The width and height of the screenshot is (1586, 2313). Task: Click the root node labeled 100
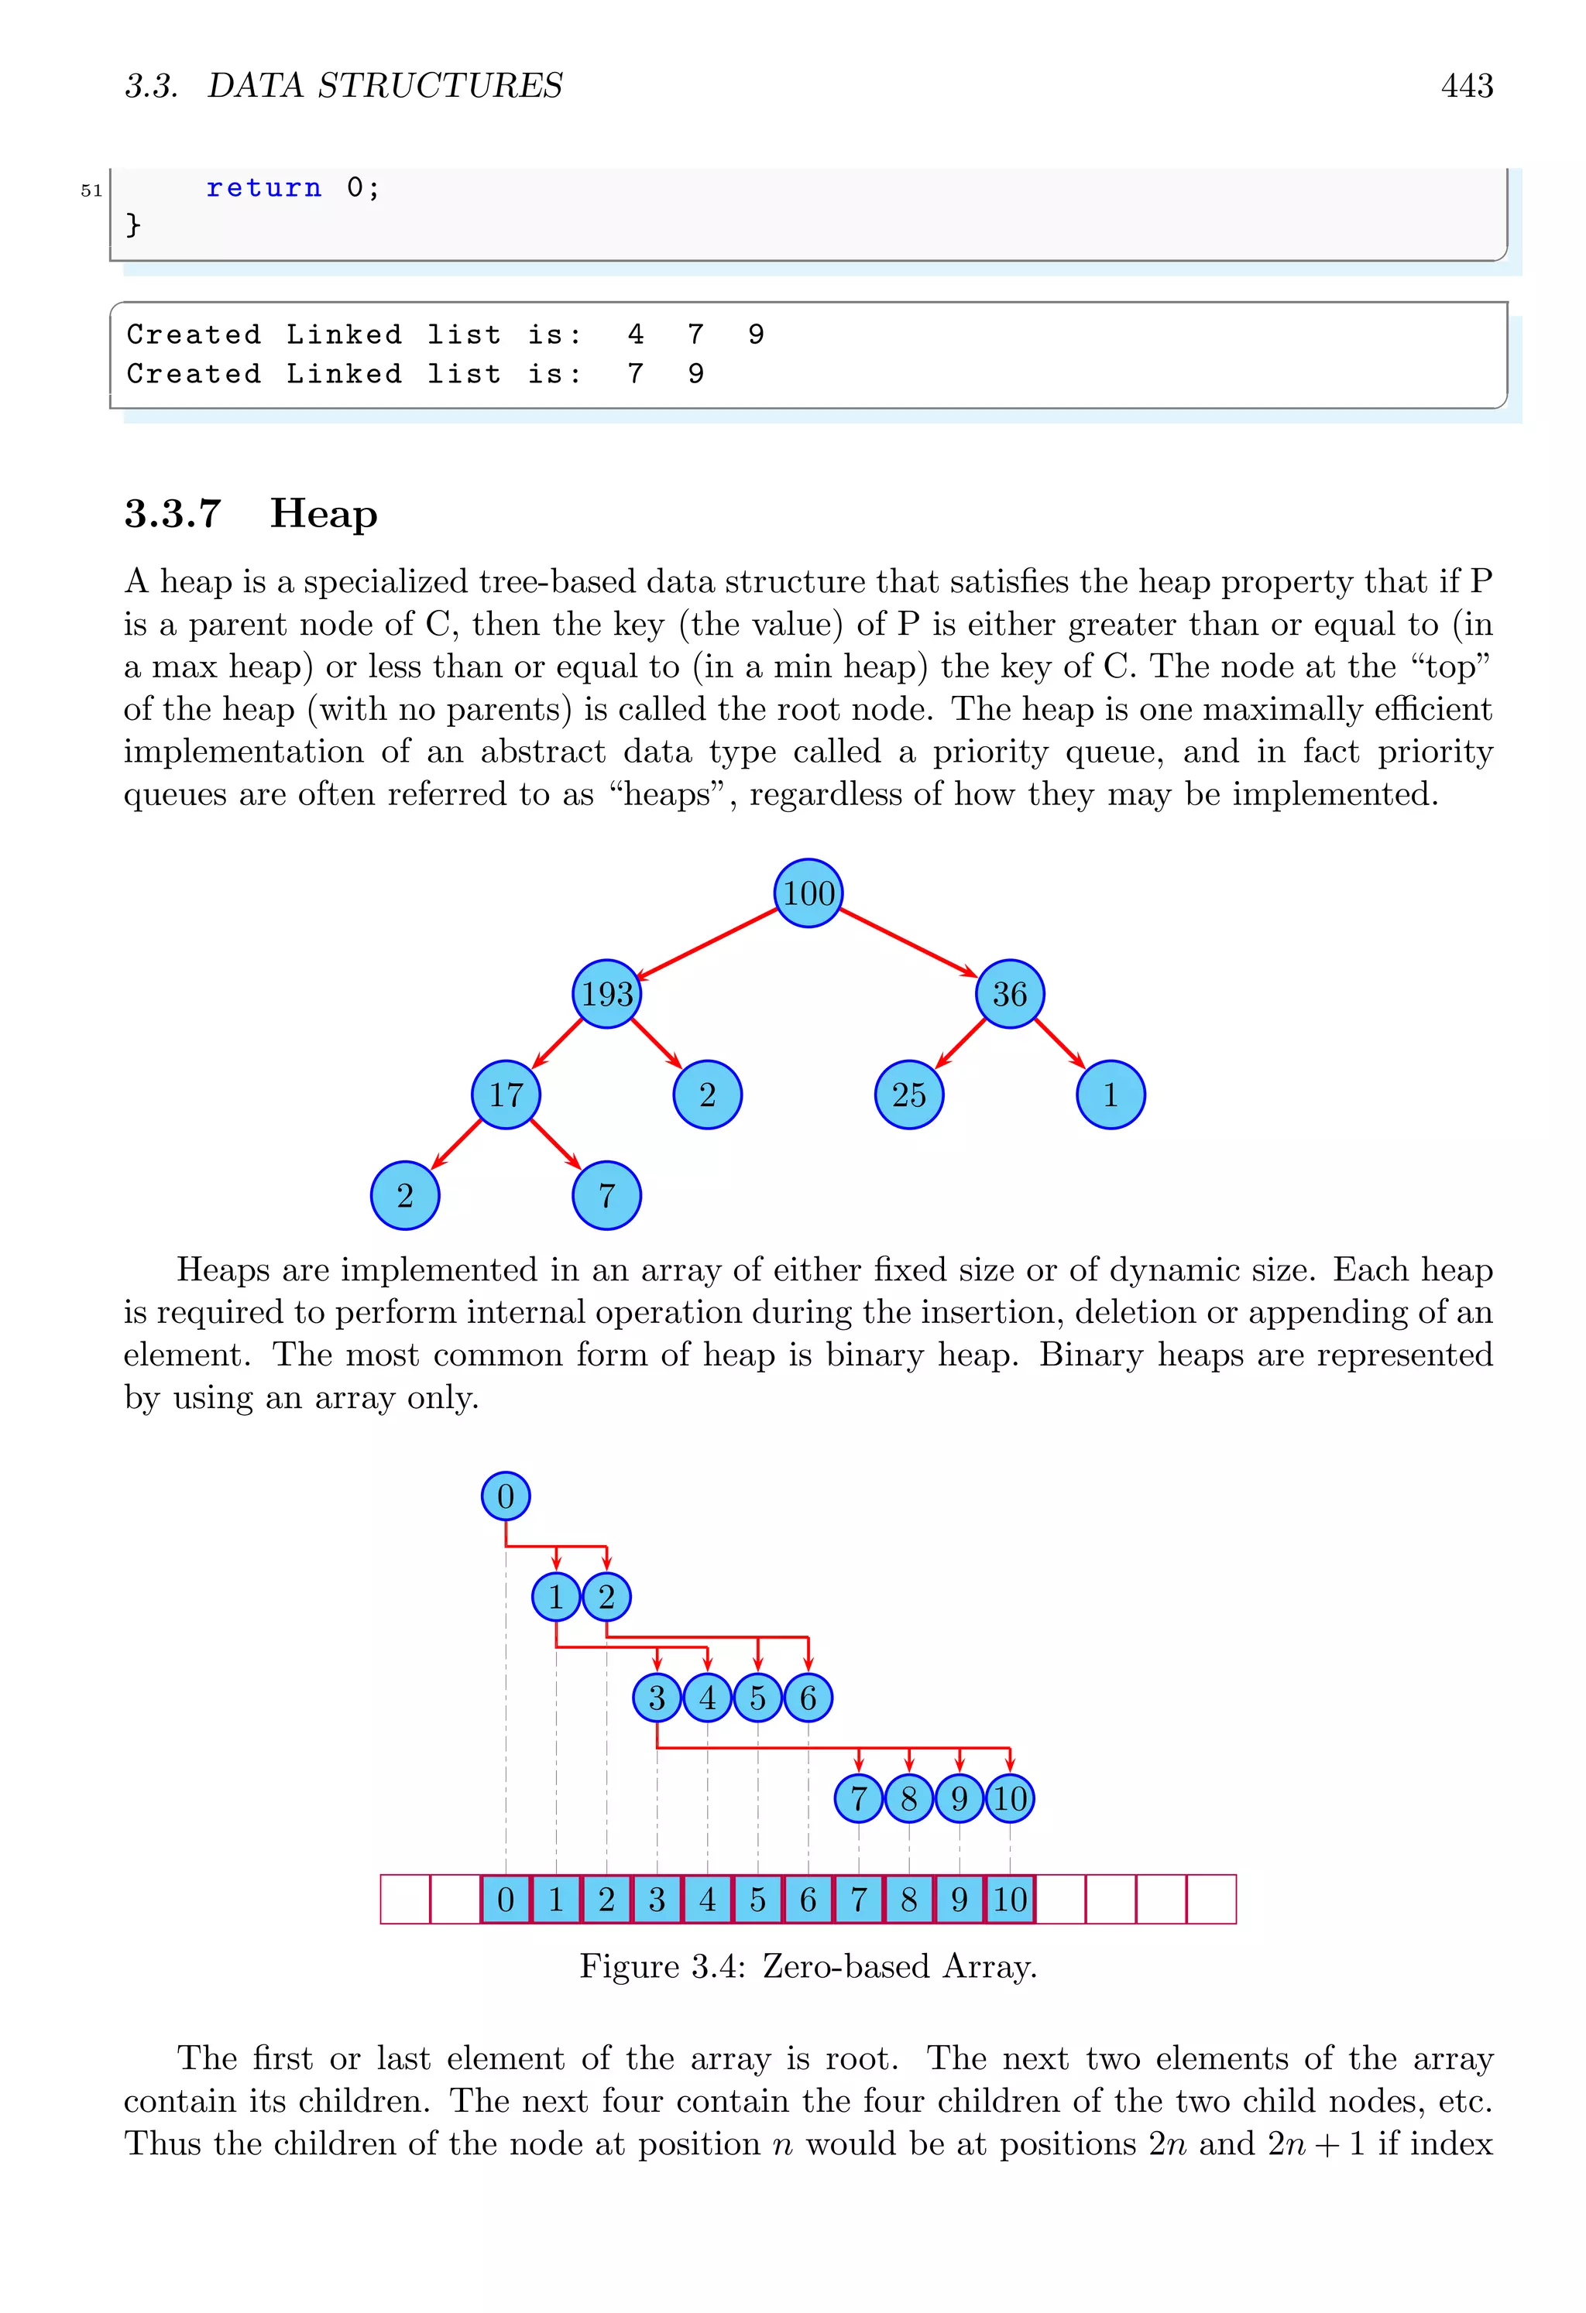(808, 893)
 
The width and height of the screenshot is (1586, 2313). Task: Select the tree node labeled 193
(606, 993)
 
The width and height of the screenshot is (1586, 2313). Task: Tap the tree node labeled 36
(1010, 993)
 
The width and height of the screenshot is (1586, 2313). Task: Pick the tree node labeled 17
(506, 1094)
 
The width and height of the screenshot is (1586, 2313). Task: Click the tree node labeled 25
(908, 1094)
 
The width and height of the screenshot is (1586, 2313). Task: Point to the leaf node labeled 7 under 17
(606, 1194)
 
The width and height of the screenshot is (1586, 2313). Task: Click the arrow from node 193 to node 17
(557, 1043)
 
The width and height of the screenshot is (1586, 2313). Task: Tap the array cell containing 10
(1010, 1899)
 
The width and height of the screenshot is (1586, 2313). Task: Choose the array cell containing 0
(506, 1899)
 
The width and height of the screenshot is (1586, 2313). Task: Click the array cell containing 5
(757, 1899)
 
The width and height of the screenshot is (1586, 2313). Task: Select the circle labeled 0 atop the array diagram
(506, 1496)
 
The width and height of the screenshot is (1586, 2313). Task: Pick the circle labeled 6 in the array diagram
(808, 1697)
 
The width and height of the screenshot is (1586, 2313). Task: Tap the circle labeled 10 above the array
(1010, 1797)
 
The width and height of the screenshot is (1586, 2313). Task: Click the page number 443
(1467, 86)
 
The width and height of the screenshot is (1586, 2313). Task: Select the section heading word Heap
(324, 513)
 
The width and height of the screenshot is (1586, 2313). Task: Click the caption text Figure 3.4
(661, 1965)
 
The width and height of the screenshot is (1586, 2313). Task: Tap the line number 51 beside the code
(91, 190)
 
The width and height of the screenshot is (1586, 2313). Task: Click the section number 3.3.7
(172, 513)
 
